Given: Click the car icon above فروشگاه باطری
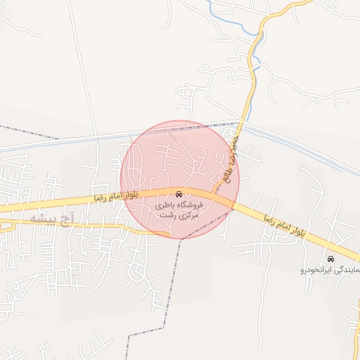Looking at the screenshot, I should coord(179,193).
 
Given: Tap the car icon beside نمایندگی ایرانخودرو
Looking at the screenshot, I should coord(331,259).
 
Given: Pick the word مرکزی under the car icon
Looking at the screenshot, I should coord(187,215).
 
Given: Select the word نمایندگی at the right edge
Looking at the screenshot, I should coord(349,269).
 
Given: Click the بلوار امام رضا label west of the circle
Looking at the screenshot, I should coord(117,196).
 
